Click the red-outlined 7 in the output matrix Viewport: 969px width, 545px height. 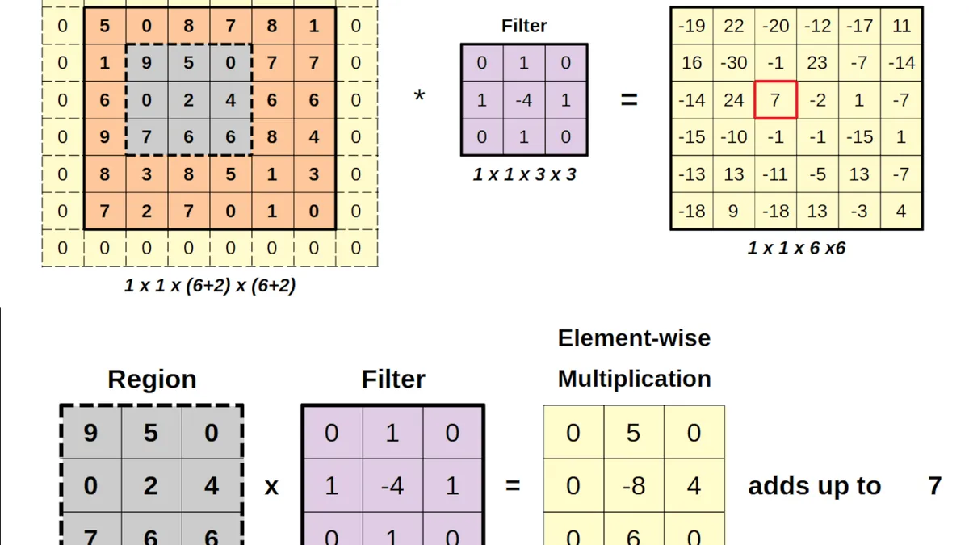point(775,100)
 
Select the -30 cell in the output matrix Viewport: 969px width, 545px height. point(734,63)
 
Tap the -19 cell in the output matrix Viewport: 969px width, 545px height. point(692,26)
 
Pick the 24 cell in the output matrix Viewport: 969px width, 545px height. point(734,100)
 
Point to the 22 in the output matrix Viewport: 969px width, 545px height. point(734,26)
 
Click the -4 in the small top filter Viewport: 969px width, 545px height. point(524,100)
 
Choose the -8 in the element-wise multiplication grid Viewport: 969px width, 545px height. point(634,485)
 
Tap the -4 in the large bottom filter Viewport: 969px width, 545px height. point(392,485)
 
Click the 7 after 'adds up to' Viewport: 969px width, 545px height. point(935,486)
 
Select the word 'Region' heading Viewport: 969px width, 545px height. point(152,379)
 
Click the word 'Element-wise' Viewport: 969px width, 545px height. point(634,337)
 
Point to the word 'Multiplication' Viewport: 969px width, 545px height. point(634,379)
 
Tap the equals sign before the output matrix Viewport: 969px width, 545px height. point(629,100)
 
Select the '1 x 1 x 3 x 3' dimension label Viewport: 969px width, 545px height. point(524,174)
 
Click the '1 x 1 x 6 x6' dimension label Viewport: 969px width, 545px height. point(796,248)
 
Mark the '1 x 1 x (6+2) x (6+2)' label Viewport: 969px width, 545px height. point(210,286)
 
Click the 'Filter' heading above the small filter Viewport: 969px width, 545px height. point(524,26)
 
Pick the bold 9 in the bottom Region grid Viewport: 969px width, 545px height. point(90,433)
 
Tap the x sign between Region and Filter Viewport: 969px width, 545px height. point(271,487)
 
